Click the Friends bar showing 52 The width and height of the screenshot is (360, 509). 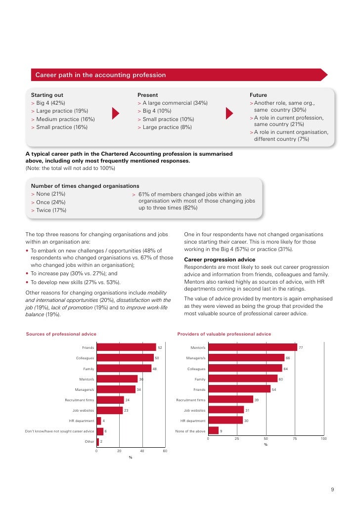[x=126, y=347]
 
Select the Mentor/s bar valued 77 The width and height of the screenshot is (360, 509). [x=252, y=347]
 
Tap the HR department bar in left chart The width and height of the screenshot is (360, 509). [x=98, y=421]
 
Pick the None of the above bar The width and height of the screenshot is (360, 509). [x=213, y=431]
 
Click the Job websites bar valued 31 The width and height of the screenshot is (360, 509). [x=226, y=410]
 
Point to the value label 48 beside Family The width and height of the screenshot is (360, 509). [x=154, y=369]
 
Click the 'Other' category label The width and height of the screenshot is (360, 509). [x=89, y=441]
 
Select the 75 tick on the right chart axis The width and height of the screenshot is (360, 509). [x=295, y=439]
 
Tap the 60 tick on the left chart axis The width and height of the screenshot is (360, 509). [x=165, y=451]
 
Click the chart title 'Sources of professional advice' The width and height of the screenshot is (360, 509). [x=61, y=334]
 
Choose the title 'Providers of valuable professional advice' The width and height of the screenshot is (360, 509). [x=224, y=334]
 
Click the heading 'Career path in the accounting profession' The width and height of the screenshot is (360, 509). [x=100, y=75]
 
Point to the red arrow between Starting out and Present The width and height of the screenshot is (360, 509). [x=116, y=113]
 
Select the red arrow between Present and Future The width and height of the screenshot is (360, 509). [x=228, y=113]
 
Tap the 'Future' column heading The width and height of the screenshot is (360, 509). [x=258, y=95]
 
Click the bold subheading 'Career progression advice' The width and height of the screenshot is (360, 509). [x=220, y=259]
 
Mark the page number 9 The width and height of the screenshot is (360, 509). [x=332, y=490]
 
